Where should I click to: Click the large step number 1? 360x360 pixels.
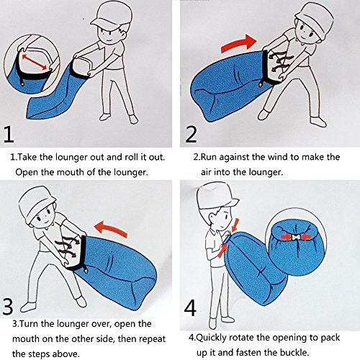9,135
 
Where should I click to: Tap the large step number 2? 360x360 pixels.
191,135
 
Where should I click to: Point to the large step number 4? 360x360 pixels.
190,307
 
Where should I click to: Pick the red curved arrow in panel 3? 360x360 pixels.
111,229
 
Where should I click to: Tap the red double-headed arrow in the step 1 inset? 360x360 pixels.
35,62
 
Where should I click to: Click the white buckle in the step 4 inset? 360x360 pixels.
295,237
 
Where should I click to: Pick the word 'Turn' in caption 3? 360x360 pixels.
29,324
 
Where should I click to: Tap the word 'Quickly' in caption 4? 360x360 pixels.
211,338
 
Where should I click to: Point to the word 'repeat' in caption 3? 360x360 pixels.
153,339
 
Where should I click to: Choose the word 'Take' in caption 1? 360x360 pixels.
27,157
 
